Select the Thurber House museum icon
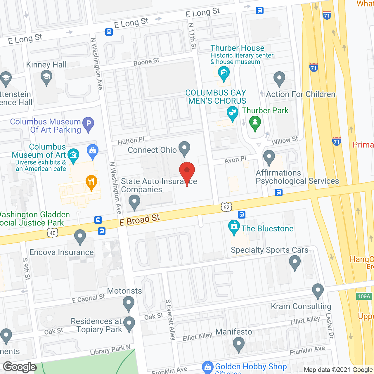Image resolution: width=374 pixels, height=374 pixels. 224,73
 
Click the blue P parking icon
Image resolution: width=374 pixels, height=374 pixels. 88,124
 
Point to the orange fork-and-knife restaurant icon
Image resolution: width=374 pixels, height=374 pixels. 91,182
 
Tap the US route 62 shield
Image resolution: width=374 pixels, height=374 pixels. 226,207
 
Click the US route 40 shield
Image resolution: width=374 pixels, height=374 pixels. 53,233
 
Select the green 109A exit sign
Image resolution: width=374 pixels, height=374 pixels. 364,296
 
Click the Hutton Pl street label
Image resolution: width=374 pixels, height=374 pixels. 131,141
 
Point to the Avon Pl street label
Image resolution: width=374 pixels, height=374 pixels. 235,160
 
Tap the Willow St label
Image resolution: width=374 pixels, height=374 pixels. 285,141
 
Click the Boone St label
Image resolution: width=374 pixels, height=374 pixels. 146,62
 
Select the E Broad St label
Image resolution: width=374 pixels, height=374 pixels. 140,220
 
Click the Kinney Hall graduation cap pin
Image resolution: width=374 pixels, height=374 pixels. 46,78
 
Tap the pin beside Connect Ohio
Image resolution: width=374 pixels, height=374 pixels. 184,148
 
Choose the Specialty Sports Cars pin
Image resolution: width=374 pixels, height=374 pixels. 295,262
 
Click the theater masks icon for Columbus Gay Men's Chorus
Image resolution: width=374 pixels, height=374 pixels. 232,113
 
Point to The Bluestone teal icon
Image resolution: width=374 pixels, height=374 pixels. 234,227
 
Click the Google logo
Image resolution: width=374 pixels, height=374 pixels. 20,367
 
